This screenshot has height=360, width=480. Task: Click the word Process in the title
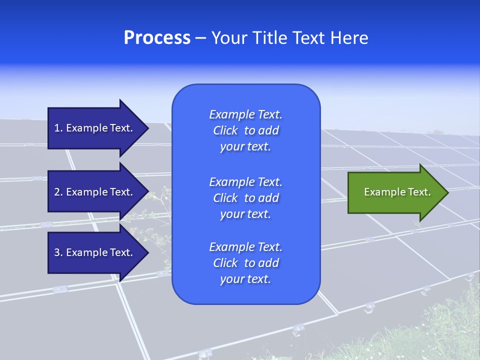157,38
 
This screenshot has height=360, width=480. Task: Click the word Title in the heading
267,38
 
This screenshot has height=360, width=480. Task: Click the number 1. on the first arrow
58,128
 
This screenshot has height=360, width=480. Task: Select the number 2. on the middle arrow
58,192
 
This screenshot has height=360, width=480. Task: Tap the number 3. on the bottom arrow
58,252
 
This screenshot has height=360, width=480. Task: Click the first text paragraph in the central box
245,130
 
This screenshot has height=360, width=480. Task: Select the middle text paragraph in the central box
245,198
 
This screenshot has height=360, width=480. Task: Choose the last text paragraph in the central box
245,263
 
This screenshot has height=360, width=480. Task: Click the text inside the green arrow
397,192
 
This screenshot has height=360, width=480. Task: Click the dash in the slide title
200,38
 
